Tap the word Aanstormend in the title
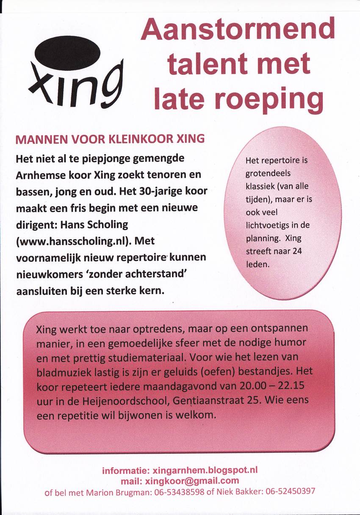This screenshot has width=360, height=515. coord(238,30)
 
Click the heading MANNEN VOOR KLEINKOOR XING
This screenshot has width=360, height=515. coord(110,139)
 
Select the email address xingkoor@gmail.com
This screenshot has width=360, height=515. coord(192,481)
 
